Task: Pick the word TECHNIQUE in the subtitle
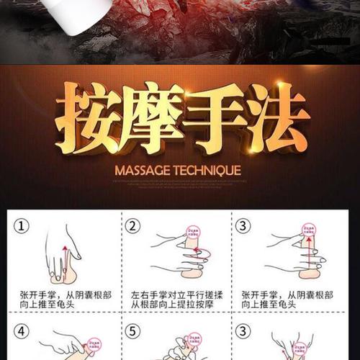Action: [209, 172]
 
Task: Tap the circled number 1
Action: [24, 226]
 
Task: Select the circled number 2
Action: [132, 226]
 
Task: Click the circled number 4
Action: [24, 333]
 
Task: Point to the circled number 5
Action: [132, 333]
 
